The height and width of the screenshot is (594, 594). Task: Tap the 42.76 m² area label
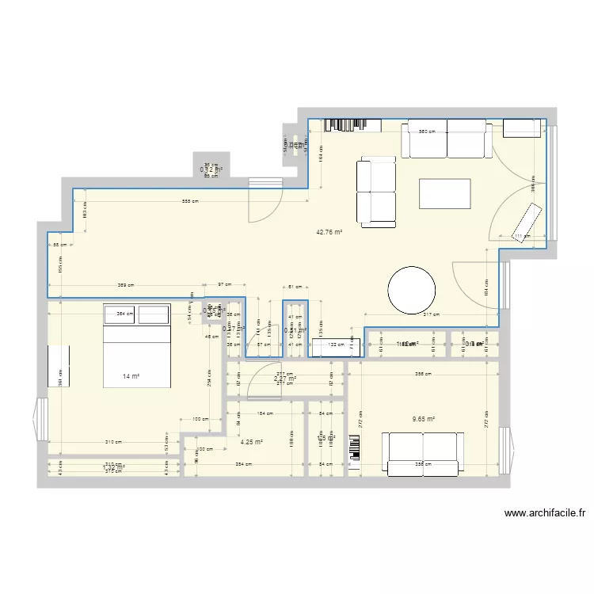tap(329, 233)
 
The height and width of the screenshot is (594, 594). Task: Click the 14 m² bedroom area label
tap(131, 377)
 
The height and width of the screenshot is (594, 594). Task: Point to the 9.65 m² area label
tap(425, 421)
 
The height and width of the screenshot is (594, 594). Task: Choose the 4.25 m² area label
tap(252, 443)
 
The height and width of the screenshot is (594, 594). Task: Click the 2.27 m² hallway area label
tap(284, 379)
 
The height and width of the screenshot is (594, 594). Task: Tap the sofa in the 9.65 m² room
tap(423, 455)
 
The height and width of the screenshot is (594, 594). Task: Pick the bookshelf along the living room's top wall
tap(345, 124)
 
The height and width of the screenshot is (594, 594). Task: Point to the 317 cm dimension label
tap(430, 315)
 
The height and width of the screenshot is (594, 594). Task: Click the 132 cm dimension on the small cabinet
tap(337, 345)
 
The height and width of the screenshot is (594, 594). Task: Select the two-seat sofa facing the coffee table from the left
tap(376, 192)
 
